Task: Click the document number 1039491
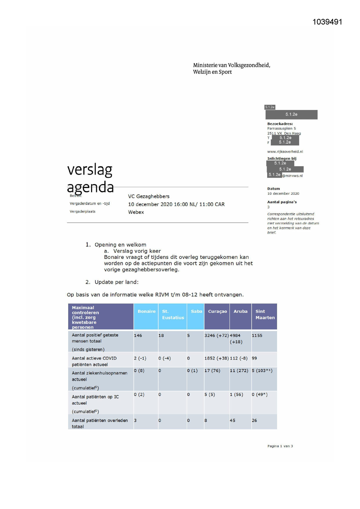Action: tap(327, 22)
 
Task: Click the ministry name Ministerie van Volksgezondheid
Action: tap(231, 65)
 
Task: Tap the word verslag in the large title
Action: tap(90, 170)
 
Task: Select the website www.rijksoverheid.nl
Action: tap(285, 151)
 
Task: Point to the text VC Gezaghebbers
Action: tap(149, 196)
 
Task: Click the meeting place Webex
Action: tap(136, 212)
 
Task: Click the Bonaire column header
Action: tap(146, 311)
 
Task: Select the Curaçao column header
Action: tap(217, 311)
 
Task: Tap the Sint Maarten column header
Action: tap(265, 315)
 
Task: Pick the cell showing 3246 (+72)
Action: tap(216, 335)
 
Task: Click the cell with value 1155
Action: tap(257, 335)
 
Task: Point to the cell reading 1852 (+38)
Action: tap(216, 358)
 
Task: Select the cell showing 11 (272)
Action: tap(239, 371)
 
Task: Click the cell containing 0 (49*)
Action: tap(260, 395)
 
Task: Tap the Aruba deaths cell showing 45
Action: tap(233, 420)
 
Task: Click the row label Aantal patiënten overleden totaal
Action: tap(100, 423)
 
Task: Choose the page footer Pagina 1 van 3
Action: tap(280, 446)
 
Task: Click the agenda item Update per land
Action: tap(116, 282)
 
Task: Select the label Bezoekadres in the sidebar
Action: tap(280, 124)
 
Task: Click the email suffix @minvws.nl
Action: tap(292, 176)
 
